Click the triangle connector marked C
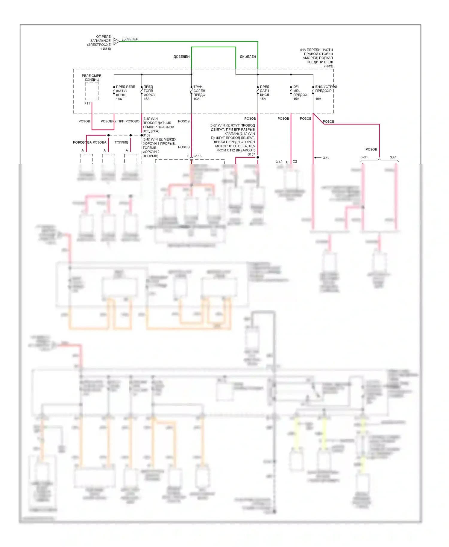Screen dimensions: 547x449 (x=116, y=41)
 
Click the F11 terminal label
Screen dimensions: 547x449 (x=87, y=103)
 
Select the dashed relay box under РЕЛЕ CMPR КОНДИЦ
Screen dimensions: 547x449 (x=92, y=91)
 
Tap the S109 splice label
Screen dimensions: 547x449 (x=147, y=135)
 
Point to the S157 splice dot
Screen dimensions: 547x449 (x=258, y=157)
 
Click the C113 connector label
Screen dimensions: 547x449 (x=198, y=156)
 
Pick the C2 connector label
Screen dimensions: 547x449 (x=295, y=162)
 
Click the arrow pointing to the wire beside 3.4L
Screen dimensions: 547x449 (x=318, y=158)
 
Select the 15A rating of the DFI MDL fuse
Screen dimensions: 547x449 (x=296, y=99)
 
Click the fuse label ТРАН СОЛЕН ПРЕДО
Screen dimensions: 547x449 (x=199, y=91)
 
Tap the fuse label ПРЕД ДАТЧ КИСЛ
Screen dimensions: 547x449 (x=265, y=91)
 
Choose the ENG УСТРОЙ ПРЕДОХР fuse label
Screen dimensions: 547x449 (x=326, y=89)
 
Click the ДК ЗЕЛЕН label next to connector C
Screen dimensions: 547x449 (x=130, y=39)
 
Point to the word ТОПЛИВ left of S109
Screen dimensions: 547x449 (x=122, y=142)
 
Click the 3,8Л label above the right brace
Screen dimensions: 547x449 (x=364, y=157)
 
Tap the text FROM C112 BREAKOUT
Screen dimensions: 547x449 (x=236, y=150)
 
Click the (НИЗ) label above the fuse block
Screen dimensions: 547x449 (x=329, y=66)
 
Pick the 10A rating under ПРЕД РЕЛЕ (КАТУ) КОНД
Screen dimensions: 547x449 (x=119, y=99)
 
